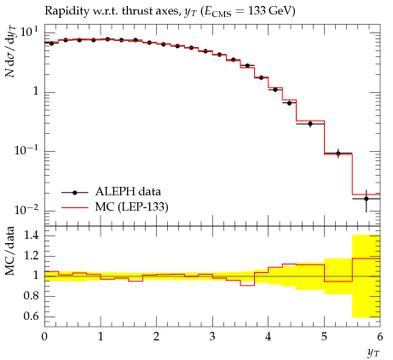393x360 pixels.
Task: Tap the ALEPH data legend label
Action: coord(128,192)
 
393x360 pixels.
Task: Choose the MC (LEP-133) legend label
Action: coord(132,207)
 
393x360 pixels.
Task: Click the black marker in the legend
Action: coord(75,193)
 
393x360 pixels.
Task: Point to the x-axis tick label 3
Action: coord(212,337)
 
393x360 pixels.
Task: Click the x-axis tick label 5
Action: coord(324,337)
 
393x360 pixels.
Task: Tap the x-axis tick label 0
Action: coord(44,337)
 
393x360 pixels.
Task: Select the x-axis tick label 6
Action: coord(380,337)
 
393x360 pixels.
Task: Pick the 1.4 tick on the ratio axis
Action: coord(31,235)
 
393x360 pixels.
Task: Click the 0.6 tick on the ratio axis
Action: coord(31,316)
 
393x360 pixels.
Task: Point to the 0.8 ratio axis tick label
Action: coord(31,296)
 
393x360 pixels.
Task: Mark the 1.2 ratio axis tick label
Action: coord(31,256)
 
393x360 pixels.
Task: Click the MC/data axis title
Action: coord(10,251)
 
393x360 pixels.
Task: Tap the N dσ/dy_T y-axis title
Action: coord(11,51)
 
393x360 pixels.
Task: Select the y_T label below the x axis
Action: coord(373,353)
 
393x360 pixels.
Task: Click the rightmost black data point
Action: coord(367,199)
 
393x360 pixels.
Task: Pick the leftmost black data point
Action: coord(51,44)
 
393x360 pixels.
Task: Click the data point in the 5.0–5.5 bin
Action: coord(338,154)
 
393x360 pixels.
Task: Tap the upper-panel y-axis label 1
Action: coord(36,91)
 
